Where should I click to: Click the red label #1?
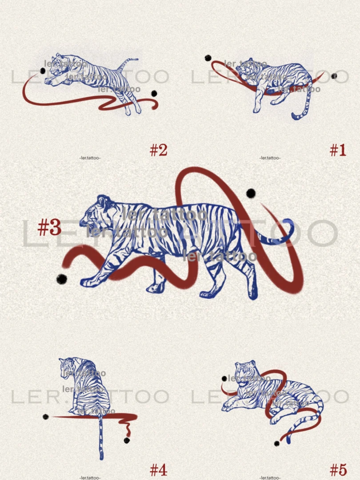(338, 150)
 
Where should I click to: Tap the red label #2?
(159, 150)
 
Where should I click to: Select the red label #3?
(50, 228)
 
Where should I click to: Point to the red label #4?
(159, 470)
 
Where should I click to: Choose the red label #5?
(338, 470)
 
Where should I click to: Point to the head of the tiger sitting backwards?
(68, 365)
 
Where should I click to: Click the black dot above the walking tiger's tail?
(251, 193)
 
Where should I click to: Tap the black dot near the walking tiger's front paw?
(61, 279)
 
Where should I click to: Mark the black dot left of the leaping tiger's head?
(43, 71)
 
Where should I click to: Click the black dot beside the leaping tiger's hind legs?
(154, 93)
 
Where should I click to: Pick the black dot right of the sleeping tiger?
(334, 76)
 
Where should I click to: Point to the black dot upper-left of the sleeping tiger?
(208, 58)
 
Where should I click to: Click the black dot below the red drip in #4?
(127, 440)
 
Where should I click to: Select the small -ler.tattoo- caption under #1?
(270, 158)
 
